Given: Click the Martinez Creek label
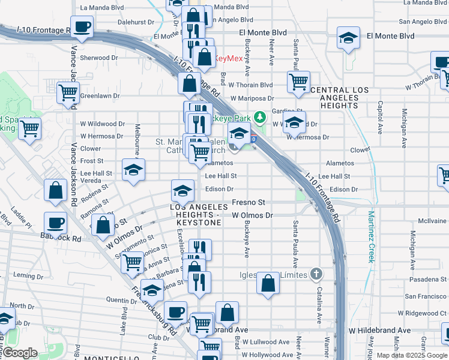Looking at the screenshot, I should pos(371,236).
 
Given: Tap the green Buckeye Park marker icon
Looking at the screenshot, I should pos(259,117).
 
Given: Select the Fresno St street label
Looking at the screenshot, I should pos(249,203).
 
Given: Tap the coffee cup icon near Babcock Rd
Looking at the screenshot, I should pos(56,223).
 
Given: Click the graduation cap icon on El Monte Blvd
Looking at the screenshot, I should pos(348,38).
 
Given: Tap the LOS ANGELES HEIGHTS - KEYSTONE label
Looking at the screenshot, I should pos(196,215).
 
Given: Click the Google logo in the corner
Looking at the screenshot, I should pos(19,353).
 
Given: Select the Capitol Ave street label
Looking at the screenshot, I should pos(380,112).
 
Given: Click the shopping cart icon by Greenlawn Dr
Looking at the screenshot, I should pos(68,92).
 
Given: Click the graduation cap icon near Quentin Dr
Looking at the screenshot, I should pos(152,290).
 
